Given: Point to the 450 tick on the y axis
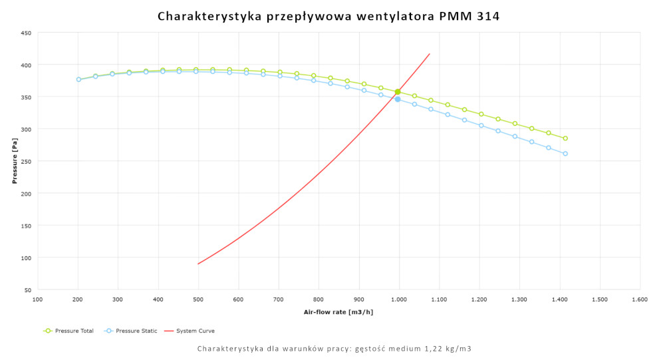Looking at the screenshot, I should click(26, 33).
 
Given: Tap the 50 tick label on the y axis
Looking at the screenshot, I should click(28, 290).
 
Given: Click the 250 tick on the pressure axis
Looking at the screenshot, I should click(26, 161).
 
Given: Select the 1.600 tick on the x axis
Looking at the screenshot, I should click(640, 300).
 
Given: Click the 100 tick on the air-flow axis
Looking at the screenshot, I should click(38, 300).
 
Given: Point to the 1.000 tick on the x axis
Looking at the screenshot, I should click(399, 300).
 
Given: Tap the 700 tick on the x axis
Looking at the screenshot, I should click(279, 300).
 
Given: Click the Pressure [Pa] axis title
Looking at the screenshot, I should click(14, 161).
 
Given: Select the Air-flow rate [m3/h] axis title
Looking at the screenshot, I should click(338, 312).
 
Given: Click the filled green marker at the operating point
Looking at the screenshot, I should click(398, 92).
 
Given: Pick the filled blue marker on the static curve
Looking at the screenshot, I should click(398, 99).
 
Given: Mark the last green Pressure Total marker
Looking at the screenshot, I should click(565, 138).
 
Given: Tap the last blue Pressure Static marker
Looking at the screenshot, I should click(565, 154).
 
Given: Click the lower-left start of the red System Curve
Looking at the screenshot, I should click(198, 264).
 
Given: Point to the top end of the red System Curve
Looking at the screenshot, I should click(430, 54).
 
